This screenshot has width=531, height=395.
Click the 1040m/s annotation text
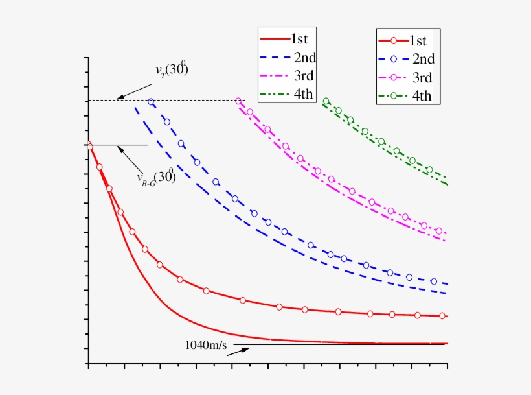pos(205,344)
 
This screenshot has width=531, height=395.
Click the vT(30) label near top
pos(171,71)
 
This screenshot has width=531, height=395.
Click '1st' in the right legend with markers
pos(422,40)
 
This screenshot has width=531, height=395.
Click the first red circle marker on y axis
pos(89,145)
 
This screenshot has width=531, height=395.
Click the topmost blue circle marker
pos(152,102)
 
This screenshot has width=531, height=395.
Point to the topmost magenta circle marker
pos(238,101)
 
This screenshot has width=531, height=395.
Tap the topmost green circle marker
pos(326,101)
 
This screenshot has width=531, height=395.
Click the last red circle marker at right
pos(442,316)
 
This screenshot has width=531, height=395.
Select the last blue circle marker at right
pos(433,281)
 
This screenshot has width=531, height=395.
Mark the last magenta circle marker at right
pos(438,231)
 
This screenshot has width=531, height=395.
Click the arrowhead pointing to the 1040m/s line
pos(247,350)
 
